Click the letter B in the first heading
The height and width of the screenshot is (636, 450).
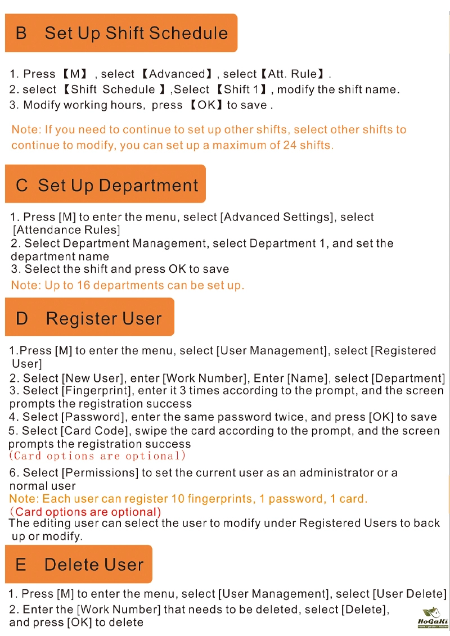pos(21,33)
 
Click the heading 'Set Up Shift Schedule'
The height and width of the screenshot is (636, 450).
pos(136,33)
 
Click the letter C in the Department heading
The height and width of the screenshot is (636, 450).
pos(22,186)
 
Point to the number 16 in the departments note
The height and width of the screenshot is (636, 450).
pos(83,285)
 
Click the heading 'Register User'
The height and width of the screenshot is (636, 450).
pos(103,318)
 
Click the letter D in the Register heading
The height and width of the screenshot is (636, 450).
pos(22,318)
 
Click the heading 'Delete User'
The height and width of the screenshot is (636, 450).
pos(94,565)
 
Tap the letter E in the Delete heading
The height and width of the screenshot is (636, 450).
pos(21,565)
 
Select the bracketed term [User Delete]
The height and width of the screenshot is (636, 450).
pos(409,594)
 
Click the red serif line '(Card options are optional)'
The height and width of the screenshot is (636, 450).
pos(97,456)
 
